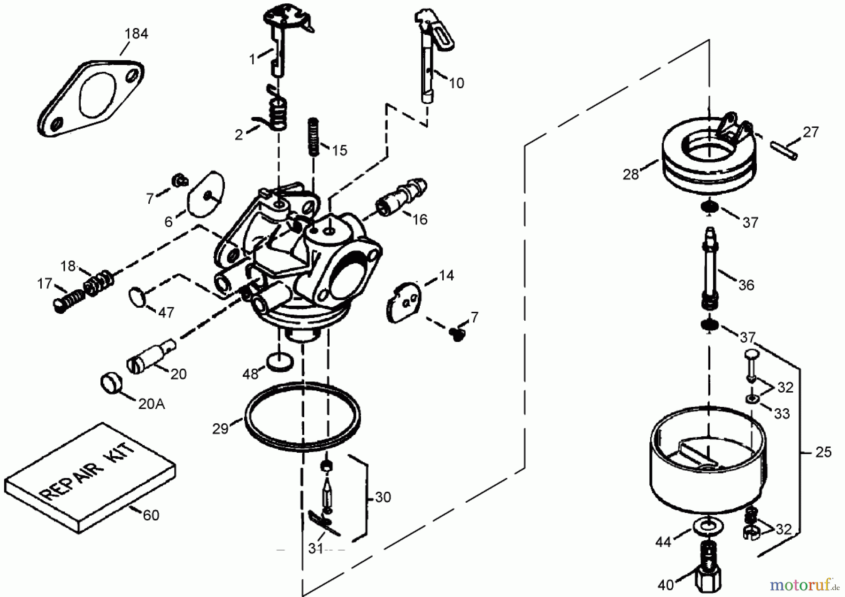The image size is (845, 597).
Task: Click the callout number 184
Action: point(136,34)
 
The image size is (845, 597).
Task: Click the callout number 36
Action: point(746,285)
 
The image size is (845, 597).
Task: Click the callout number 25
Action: point(823,452)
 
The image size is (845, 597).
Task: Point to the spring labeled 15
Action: point(314,137)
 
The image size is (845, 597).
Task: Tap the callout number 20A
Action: point(151,403)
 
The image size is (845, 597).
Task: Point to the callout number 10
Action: point(456,83)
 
